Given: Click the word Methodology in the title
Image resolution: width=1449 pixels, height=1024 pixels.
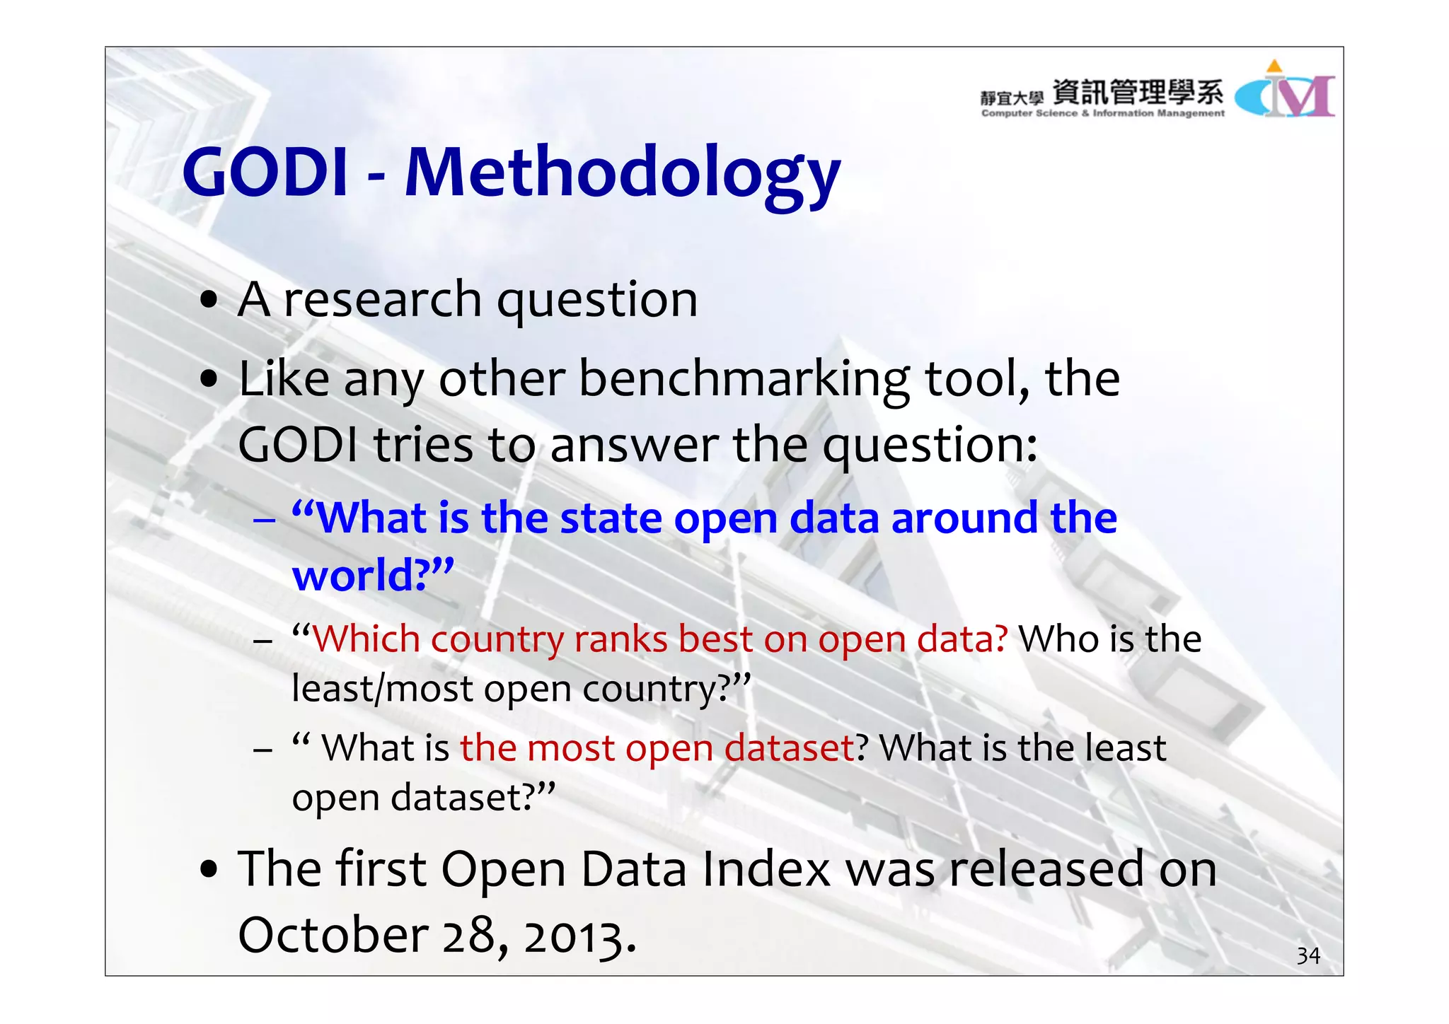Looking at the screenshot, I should [623, 173].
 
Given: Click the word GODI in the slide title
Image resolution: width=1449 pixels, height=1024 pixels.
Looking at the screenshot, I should [265, 173].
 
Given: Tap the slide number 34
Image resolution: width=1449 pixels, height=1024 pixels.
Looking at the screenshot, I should [1308, 956].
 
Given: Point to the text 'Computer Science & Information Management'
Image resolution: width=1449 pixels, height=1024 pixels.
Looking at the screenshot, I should [1102, 113].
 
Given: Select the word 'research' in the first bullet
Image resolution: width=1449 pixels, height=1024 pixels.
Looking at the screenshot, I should [383, 300].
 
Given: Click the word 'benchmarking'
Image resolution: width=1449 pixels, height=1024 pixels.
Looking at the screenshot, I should [745, 379].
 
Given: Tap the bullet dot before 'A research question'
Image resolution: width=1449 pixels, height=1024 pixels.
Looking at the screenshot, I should [209, 300].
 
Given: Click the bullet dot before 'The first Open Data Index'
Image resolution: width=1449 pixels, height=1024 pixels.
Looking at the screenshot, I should [209, 869].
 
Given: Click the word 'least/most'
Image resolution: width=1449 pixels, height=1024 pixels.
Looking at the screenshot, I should [381, 690].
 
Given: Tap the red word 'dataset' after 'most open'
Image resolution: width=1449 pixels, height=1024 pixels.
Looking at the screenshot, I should [790, 747].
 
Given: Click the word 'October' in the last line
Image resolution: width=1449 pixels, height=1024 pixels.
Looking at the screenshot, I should [333, 935].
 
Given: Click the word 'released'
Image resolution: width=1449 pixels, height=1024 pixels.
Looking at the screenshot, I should [1046, 869].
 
